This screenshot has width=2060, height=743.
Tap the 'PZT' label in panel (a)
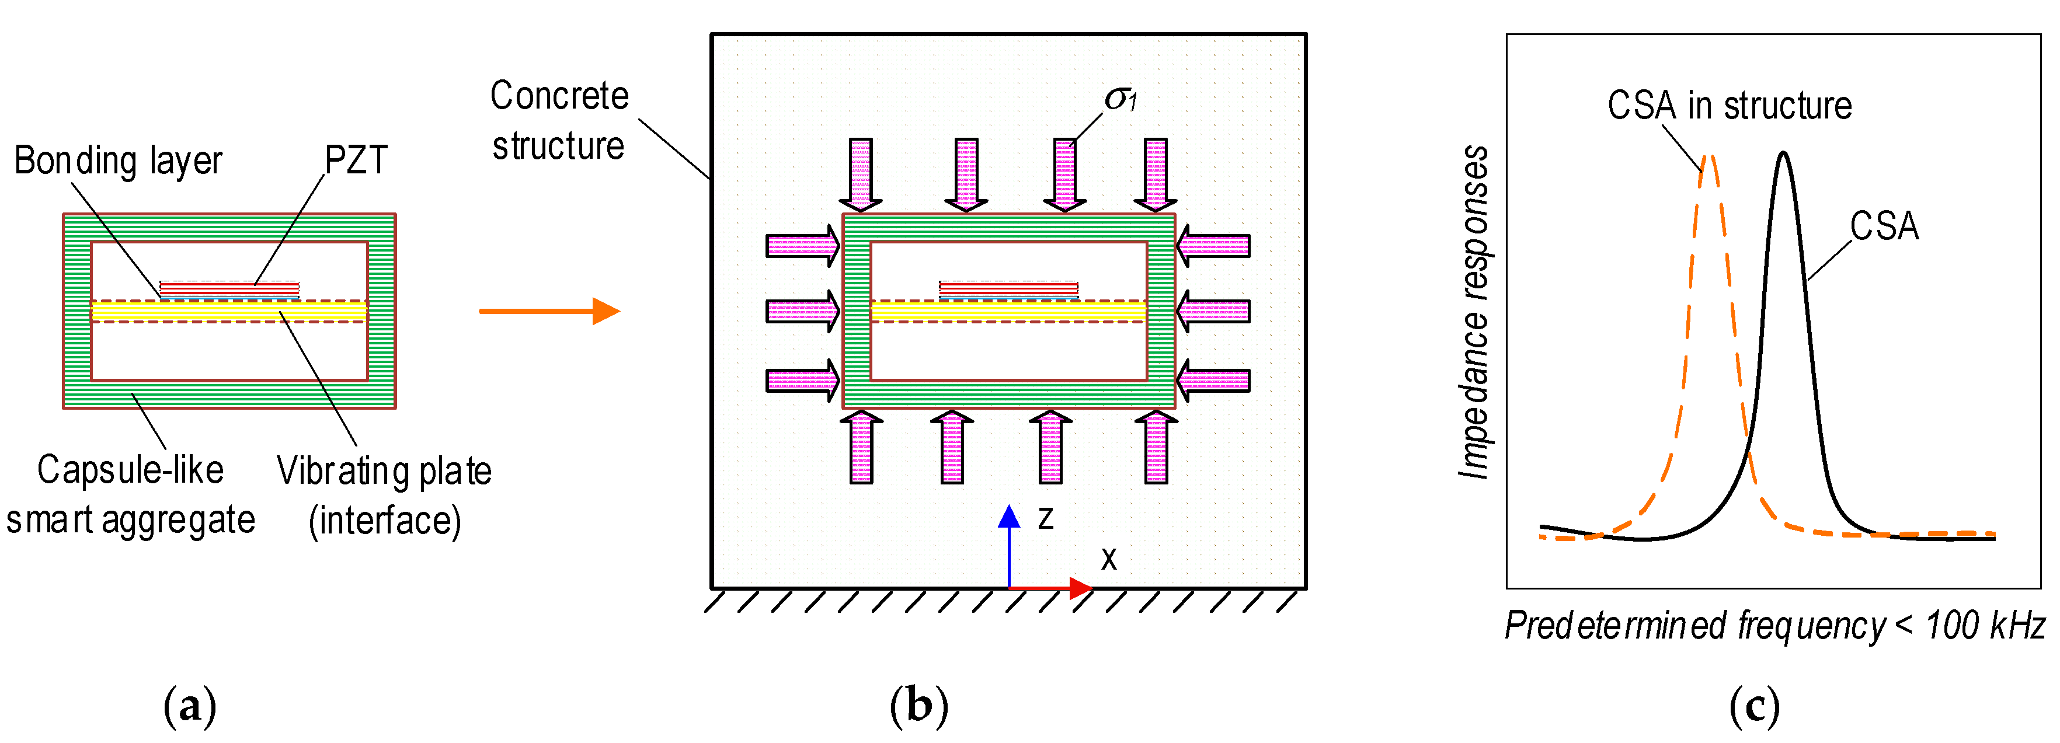(x=356, y=161)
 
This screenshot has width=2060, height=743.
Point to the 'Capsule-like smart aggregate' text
(x=130, y=494)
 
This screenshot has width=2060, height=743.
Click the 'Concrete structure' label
(x=559, y=121)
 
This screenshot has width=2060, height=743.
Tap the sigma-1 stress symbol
(x=1119, y=99)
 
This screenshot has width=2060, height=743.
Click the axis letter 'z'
(x=1045, y=519)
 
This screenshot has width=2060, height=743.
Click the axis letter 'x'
(x=1108, y=559)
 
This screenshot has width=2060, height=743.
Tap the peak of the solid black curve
(x=1783, y=154)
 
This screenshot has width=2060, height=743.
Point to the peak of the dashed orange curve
(x=1708, y=157)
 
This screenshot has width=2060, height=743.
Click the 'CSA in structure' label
(x=1729, y=106)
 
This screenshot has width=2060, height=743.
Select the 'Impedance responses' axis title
(x=1473, y=312)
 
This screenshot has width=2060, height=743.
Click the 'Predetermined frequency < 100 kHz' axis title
(x=1774, y=626)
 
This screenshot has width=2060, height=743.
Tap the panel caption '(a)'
(x=190, y=707)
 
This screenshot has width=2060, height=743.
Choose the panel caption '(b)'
(x=919, y=707)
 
